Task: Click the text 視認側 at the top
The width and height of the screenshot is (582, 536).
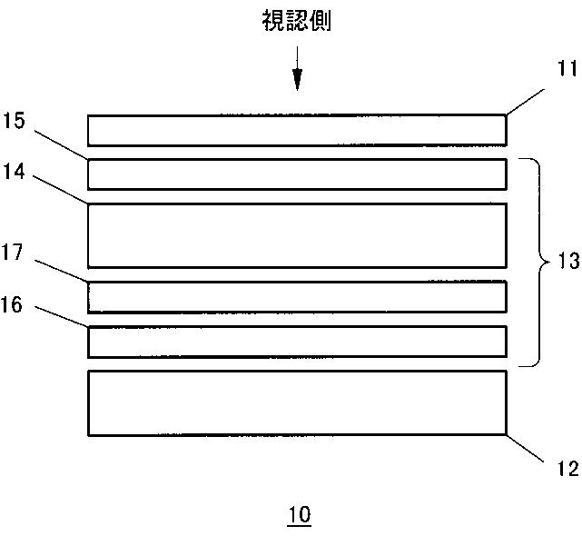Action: [x=296, y=21]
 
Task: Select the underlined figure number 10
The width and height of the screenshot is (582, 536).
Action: [x=299, y=515]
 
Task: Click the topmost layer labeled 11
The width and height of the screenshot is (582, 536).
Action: [x=297, y=130]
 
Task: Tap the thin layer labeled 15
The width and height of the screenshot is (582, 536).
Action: [x=297, y=174]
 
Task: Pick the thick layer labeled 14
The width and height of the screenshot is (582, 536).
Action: [x=297, y=235]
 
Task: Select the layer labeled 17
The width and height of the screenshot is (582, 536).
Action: [x=297, y=296]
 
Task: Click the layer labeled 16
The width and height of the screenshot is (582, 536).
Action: [x=297, y=341]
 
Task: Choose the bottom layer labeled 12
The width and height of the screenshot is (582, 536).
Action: [x=297, y=403]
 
